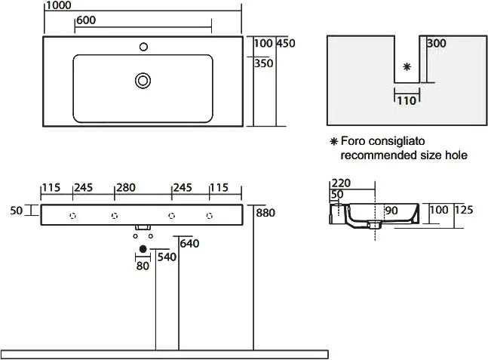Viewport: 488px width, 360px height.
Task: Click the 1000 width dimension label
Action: point(59,5)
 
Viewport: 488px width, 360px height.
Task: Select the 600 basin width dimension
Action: point(86,20)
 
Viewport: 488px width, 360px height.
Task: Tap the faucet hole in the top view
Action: point(143,47)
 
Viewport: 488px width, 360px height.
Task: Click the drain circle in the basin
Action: point(143,81)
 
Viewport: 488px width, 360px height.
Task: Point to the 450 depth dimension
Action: point(286,43)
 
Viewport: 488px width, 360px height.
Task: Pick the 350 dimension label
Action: point(263,63)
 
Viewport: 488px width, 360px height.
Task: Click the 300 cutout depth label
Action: point(437,43)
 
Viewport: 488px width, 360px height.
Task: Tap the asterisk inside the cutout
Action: point(407,66)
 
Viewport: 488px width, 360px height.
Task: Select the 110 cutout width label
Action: point(407,100)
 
